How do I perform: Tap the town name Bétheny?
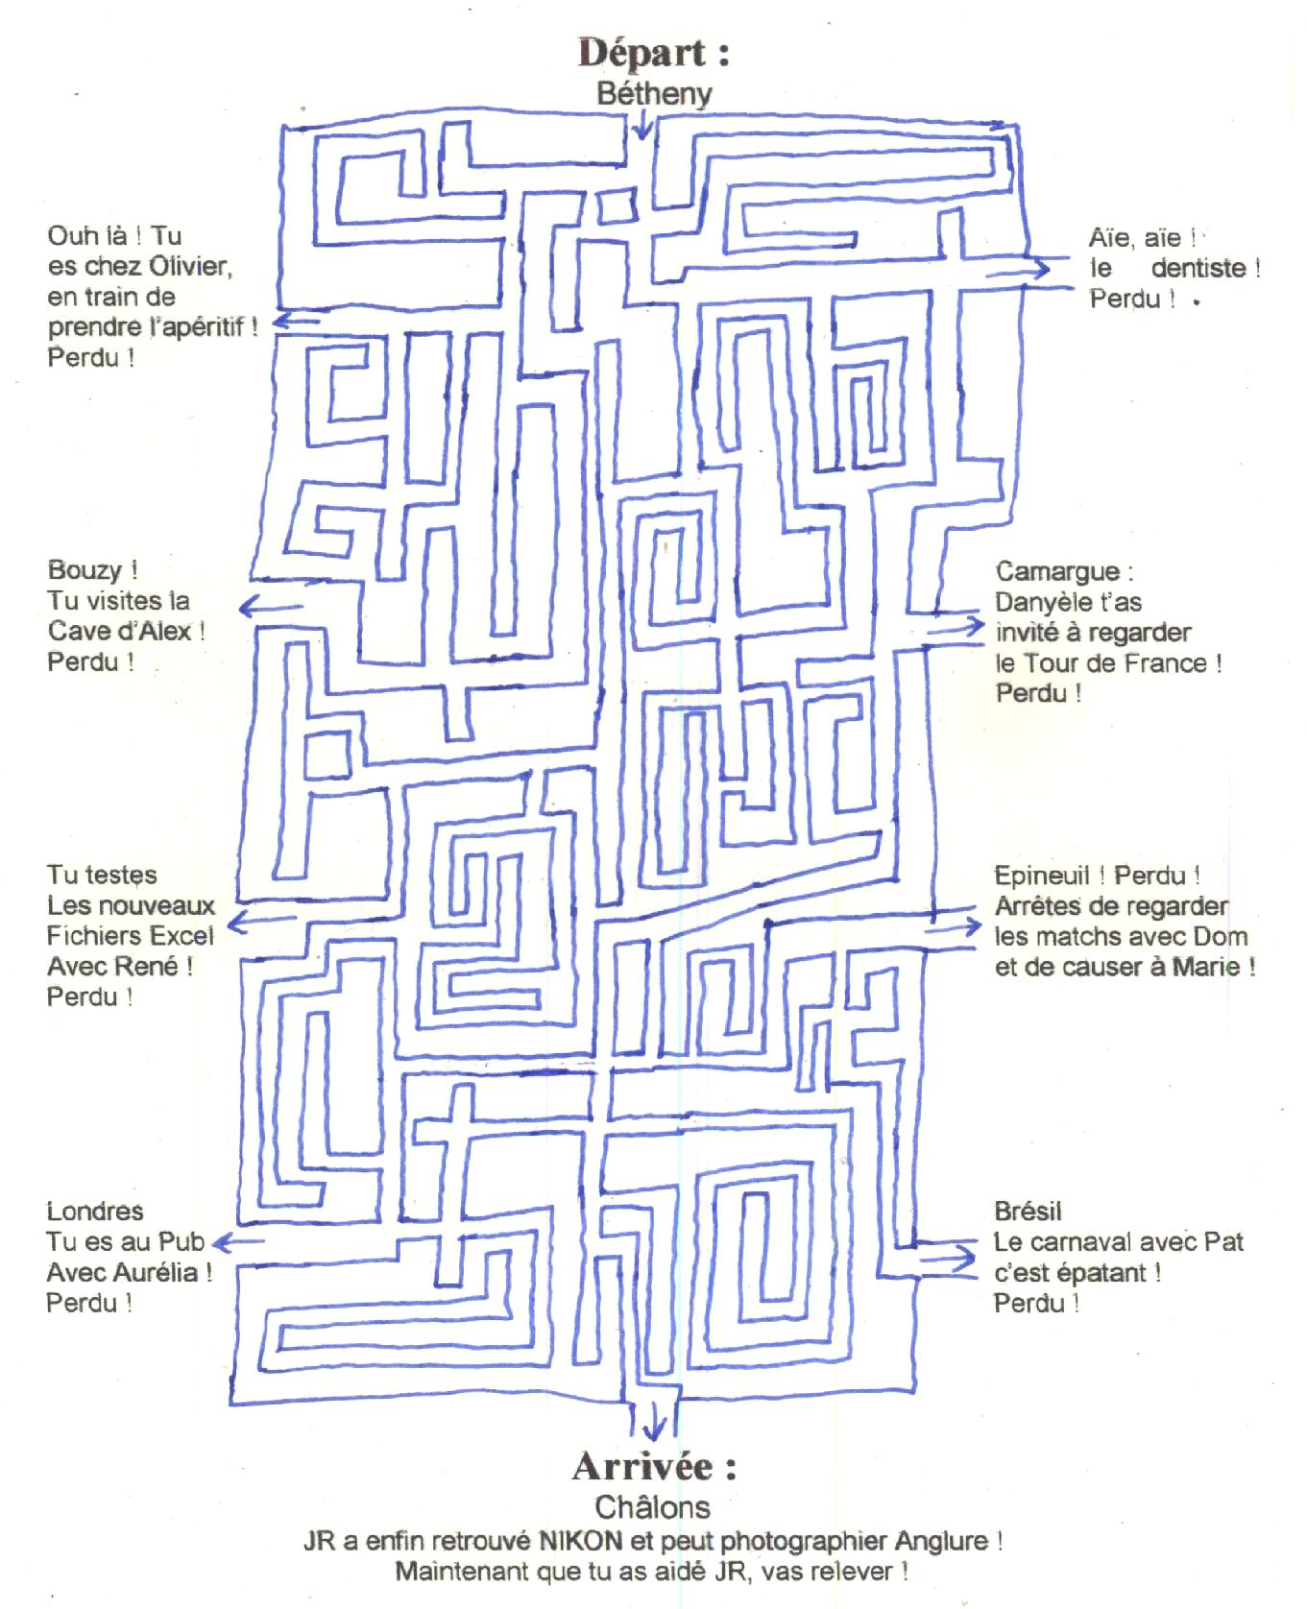coord(654,94)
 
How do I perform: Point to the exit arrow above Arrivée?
coord(655,1419)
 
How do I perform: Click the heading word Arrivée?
coord(642,1466)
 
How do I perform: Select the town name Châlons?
coord(653,1505)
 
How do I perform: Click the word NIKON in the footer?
coord(580,1541)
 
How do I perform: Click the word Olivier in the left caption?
coord(191,266)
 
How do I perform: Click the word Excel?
coord(182,936)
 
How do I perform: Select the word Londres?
coord(95,1212)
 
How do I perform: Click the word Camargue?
coord(1057,572)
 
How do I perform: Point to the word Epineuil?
coord(1042,876)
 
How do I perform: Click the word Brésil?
coord(1028,1212)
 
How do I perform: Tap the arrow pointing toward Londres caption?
coord(237,1243)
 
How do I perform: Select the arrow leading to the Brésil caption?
coord(947,1257)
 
